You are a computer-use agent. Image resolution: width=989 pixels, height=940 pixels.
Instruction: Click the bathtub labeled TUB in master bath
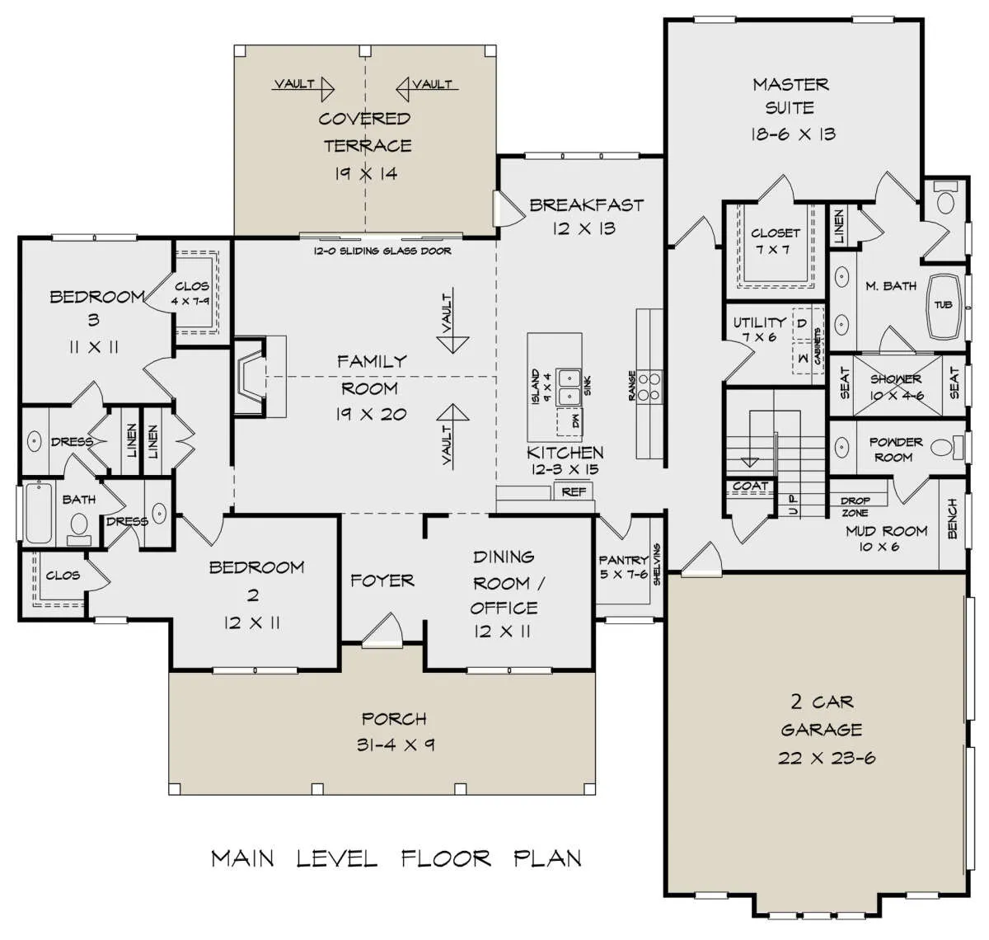click(x=944, y=306)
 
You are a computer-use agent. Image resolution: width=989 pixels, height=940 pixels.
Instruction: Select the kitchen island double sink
click(x=569, y=388)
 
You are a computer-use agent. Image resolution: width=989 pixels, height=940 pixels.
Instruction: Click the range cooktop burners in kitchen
click(x=649, y=386)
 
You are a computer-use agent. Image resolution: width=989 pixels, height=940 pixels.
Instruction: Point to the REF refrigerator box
click(x=574, y=491)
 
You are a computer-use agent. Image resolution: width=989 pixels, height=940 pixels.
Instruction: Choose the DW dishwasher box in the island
click(x=569, y=421)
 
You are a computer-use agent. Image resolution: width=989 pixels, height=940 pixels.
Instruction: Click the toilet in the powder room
click(x=946, y=447)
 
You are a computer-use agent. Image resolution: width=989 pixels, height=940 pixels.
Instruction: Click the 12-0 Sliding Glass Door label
click(x=382, y=251)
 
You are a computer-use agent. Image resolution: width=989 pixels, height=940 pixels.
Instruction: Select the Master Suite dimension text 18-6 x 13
click(x=793, y=134)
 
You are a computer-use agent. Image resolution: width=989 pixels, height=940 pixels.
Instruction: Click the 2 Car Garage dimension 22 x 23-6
click(x=827, y=758)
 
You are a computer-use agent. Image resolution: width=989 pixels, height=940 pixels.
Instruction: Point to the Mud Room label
click(x=886, y=531)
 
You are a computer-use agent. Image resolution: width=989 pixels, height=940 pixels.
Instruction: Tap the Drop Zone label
click(x=855, y=506)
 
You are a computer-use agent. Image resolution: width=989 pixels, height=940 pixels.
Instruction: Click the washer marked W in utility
click(x=803, y=359)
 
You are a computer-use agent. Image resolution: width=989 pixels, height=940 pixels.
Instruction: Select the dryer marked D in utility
click(x=802, y=323)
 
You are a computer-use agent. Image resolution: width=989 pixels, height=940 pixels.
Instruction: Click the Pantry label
click(x=623, y=559)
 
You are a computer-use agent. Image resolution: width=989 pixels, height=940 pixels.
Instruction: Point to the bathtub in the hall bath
click(x=39, y=513)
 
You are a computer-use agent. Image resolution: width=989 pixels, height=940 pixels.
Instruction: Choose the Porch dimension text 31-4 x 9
click(x=396, y=745)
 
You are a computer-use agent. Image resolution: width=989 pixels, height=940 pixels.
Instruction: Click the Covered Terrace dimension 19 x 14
click(x=366, y=174)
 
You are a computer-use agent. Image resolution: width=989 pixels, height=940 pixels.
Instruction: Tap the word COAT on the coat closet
click(x=750, y=486)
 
